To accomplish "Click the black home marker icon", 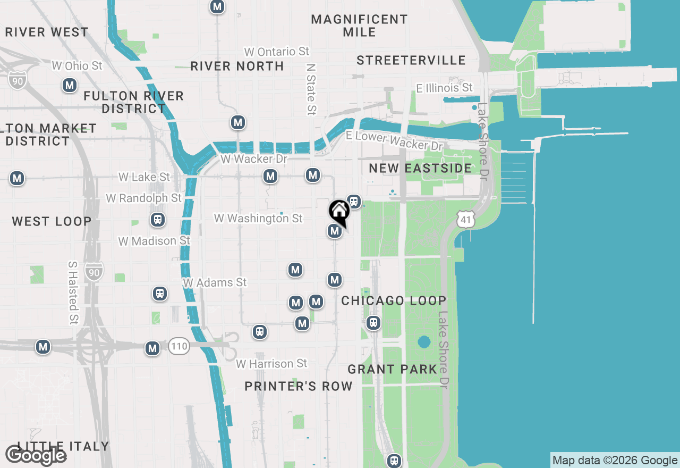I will (x=339, y=212).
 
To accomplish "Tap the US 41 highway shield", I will (x=465, y=219).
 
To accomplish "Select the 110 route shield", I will (x=179, y=347).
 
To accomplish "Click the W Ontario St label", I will (x=276, y=52).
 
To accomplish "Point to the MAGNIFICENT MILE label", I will (x=359, y=26).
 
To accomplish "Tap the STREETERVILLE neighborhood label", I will (x=411, y=60).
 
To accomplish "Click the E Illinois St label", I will (x=444, y=87).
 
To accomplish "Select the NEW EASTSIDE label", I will (x=420, y=168).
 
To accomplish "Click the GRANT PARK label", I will (x=393, y=369).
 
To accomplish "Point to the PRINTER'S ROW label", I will (x=299, y=387).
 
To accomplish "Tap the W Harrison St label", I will (x=271, y=364).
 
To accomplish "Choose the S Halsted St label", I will (x=73, y=292).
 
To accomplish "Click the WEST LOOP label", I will (x=52, y=221).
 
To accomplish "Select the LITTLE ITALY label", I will (x=63, y=446).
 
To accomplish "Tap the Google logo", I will (x=36, y=456).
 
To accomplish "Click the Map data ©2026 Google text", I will (x=615, y=461).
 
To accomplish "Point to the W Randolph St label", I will (x=143, y=198).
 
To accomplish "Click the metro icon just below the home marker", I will (x=334, y=231).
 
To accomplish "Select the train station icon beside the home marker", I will (x=354, y=202).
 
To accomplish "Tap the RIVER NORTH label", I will (x=237, y=66).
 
